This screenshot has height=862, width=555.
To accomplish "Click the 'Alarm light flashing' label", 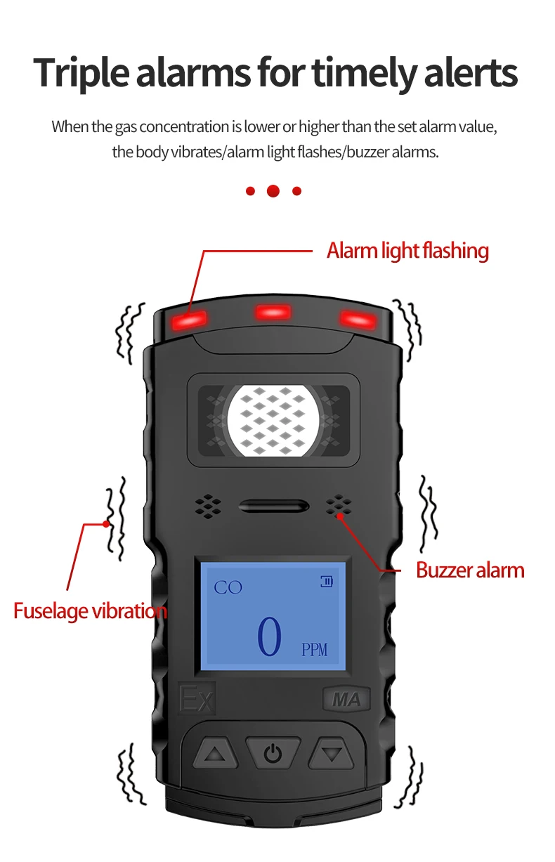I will pyautogui.click(x=407, y=251).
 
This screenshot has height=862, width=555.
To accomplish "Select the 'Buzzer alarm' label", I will pyautogui.click(x=470, y=570).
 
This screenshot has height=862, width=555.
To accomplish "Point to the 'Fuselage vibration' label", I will pyautogui.click(x=90, y=610).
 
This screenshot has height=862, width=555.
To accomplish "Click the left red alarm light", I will pyautogui.click(x=190, y=320).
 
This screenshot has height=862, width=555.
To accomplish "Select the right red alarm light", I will pyautogui.click(x=358, y=319).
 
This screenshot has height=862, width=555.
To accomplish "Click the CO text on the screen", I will pyautogui.click(x=228, y=587).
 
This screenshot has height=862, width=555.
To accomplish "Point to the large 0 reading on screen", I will pyautogui.click(x=269, y=637).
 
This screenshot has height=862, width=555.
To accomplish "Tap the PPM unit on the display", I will pyautogui.click(x=314, y=650).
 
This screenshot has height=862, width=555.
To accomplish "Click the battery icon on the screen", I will pyautogui.click(x=327, y=581).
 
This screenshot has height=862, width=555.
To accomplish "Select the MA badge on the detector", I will pyautogui.click(x=346, y=700).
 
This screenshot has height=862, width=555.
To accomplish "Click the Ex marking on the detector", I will pyautogui.click(x=197, y=700).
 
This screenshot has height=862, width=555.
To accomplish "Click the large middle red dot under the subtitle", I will pyautogui.click(x=273, y=191).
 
